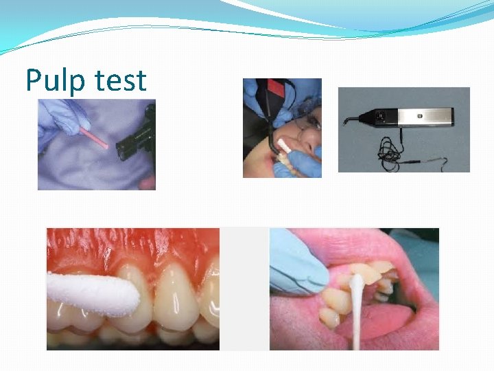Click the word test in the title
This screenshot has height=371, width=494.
(x=121, y=82)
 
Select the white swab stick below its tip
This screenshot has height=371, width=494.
(x=357, y=323)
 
